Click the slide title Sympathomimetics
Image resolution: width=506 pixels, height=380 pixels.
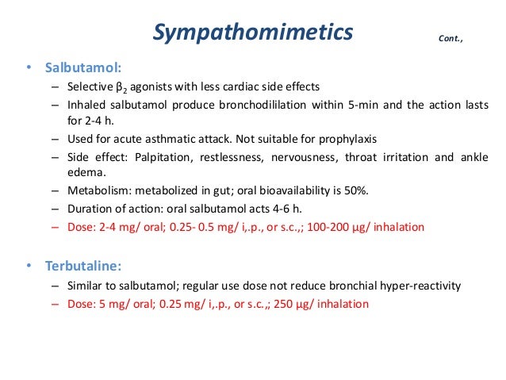pos(253,33)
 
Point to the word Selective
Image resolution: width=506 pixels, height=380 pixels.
pos(91,87)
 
